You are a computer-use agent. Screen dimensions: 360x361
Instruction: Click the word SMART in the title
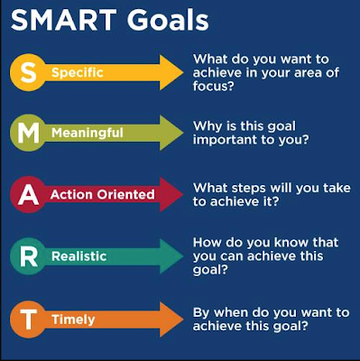pos(64,20)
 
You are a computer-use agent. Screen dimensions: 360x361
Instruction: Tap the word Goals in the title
pos(168,20)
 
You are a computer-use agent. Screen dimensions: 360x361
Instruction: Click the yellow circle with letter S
pos(29,72)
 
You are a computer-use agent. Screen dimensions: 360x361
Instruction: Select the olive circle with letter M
pos(29,133)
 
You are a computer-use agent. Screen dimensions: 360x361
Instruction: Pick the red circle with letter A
pos(29,195)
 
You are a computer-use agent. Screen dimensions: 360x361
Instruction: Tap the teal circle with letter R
pos(29,256)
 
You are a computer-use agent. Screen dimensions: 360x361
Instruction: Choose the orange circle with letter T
pos(29,319)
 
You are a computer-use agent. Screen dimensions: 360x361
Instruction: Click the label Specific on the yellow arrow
pos(78,73)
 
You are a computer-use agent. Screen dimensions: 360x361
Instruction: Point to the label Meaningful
pos(88,133)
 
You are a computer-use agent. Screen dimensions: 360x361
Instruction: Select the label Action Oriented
pos(103,195)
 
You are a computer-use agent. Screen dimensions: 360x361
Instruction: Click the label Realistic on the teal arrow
pos(79,256)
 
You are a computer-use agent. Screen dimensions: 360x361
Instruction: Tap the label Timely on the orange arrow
pos(73,320)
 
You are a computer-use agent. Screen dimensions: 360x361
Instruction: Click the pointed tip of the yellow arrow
pos(183,72)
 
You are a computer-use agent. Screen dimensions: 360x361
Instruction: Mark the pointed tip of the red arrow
pos(183,195)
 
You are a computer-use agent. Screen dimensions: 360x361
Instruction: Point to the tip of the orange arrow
pos(183,319)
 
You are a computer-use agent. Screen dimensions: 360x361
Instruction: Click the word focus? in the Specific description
pos(214,86)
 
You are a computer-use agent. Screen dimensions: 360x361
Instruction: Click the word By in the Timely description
pos(201,313)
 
